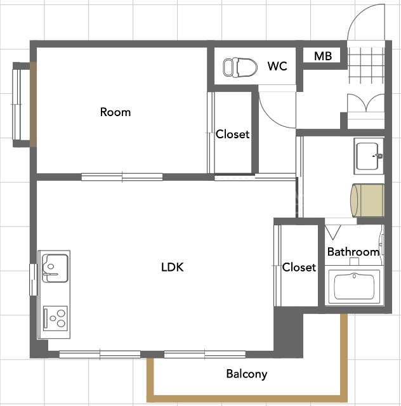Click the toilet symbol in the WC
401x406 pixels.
pyautogui.click(x=240, y=68)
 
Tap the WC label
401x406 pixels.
pyautogui.click(x=277, y=66)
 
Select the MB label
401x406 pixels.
pyautogui.click(x=323, y=56)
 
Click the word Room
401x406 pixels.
pyautogui.click(x=115, y=112)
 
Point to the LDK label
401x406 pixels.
pyautogui.click(x=172, y=267)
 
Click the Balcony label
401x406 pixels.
pyautogui.click(x=247, y=374)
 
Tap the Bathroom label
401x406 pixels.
pyautogui.click(x=353, y=252)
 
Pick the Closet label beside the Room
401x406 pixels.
pyautogui.click(x=232, y=134)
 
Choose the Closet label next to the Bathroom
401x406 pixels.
pyautogui.click(x=299, y=267)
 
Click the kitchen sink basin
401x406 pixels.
pyautogui.click(x=55, y=268)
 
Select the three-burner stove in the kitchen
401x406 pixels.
pyautogui.click(x=55, y=318)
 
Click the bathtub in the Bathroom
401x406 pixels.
pyautogui.click(x=354, y=286)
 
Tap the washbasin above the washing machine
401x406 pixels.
pyautogui.click(x=369, y=156)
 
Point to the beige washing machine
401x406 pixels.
pyautogui.click(x=367, y=200)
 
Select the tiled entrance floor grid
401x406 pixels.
pyautogui.click(x=365, y=65)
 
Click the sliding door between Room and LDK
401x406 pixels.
pyautogui.click(x=122, y=177)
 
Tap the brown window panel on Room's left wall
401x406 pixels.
pyautogui.click(x=33, y=105)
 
